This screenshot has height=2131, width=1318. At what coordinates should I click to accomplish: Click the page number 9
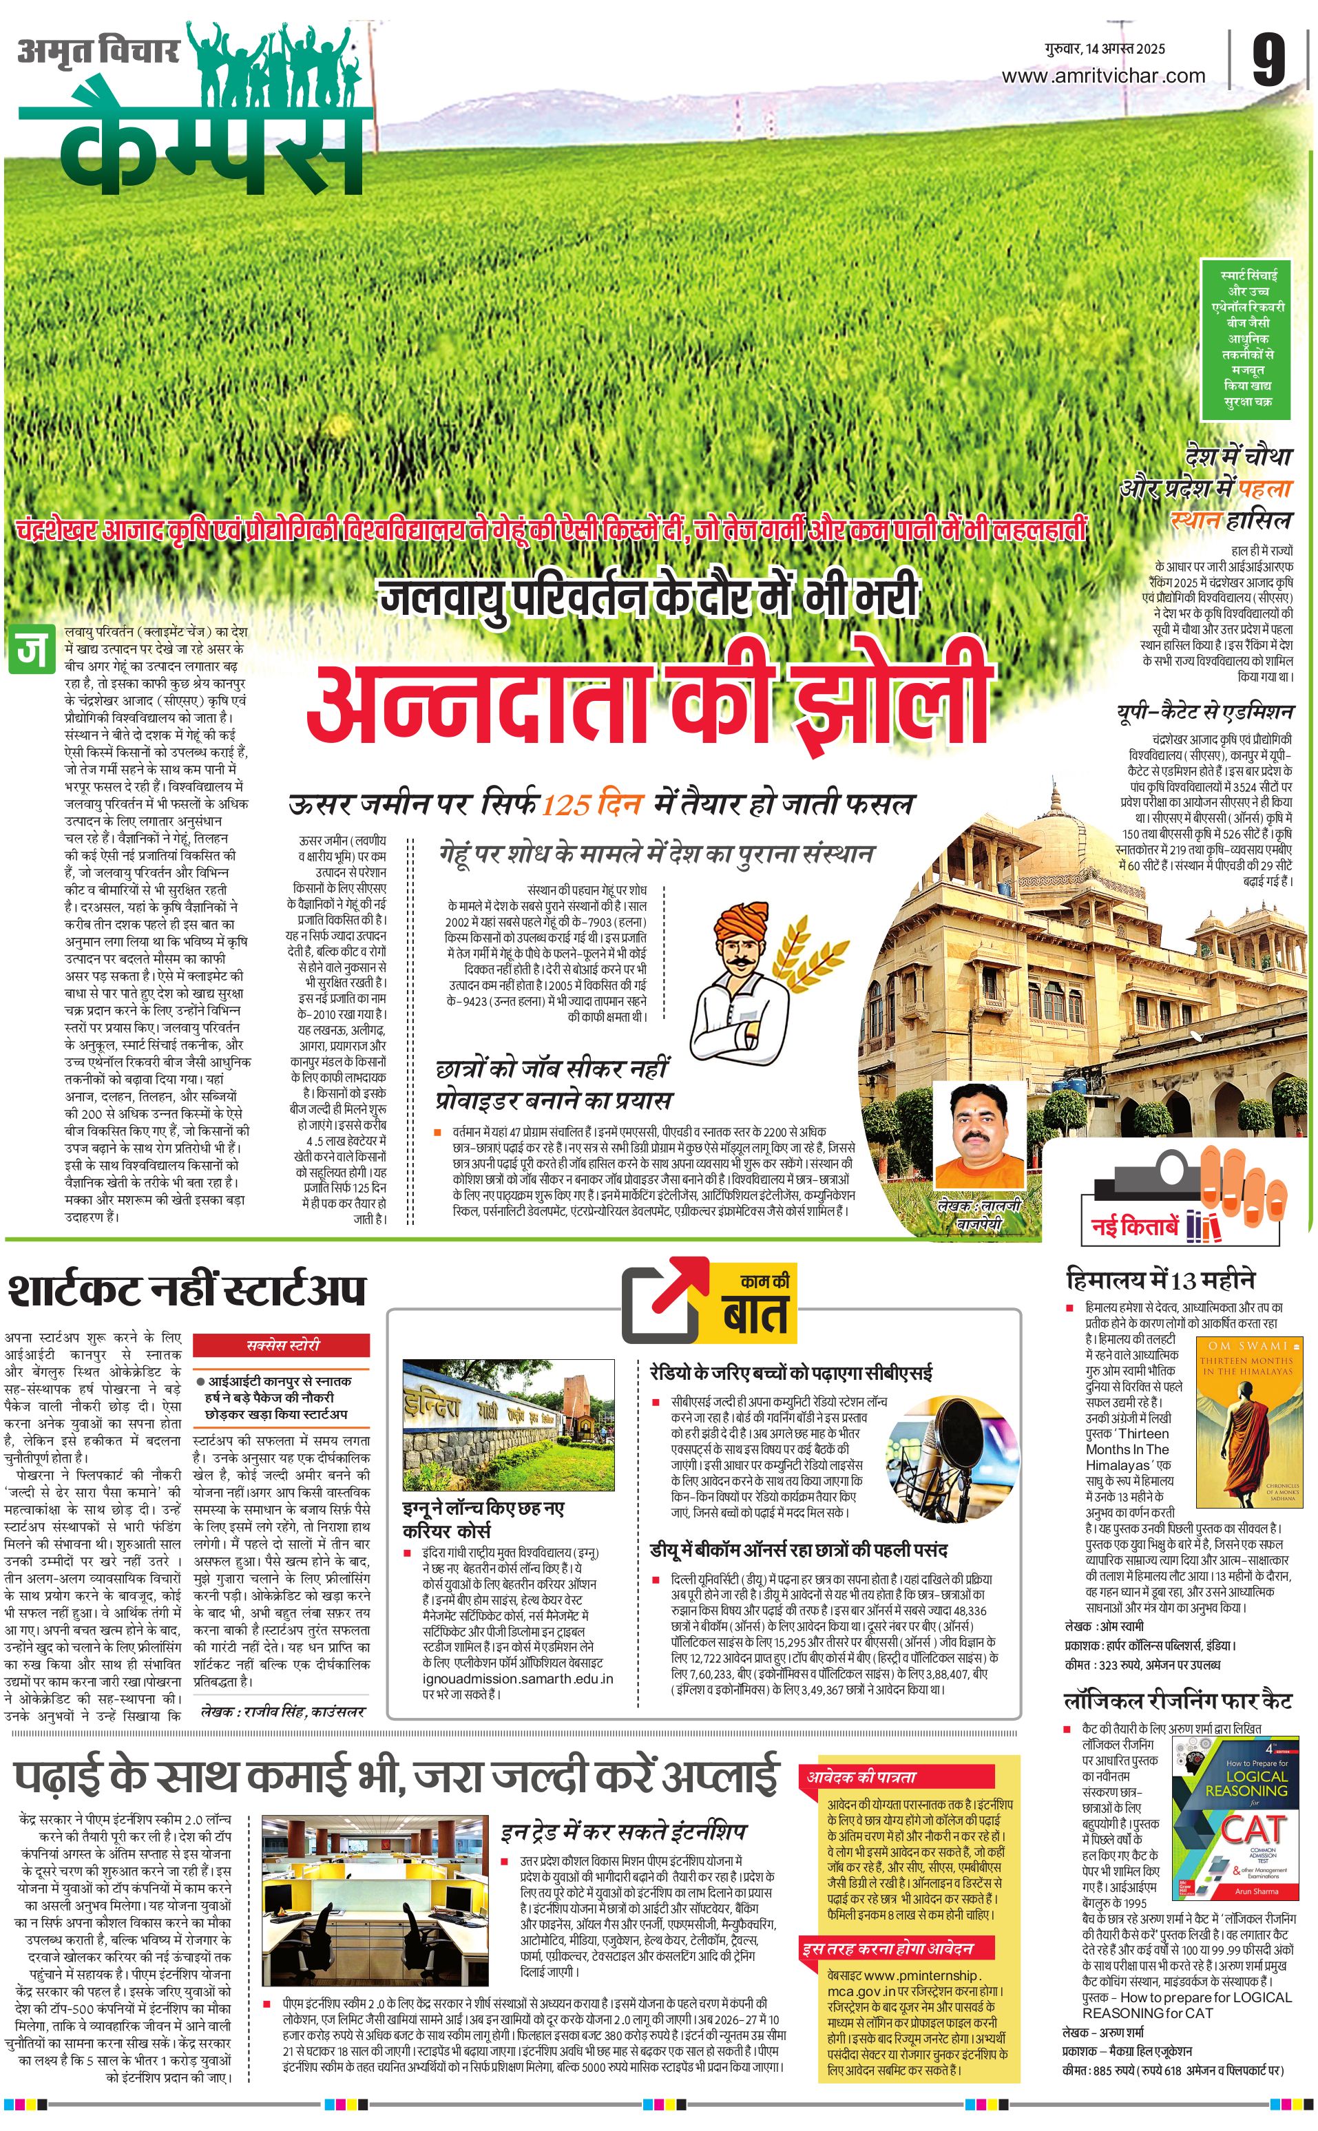tap(1268, 60)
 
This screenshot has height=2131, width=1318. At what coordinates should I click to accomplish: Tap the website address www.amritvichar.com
tap(1102, 76)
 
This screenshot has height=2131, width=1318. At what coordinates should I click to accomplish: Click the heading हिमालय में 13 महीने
tap(1160, 1279)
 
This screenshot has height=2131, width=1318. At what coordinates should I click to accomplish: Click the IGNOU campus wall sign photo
tap(508, 1424)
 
